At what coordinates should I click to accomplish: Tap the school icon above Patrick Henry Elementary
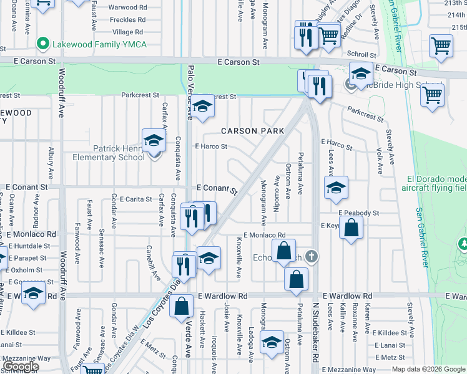pos(153,141)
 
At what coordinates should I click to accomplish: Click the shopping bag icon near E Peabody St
pos(351,228)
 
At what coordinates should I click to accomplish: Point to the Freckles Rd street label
pos(127,19)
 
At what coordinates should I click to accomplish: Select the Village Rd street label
pos(128,32)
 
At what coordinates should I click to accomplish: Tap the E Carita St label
pos(132,199)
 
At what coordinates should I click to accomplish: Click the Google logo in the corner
pos(20,366)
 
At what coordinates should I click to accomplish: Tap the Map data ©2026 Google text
pos(428,369)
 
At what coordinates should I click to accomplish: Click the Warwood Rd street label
pos(127,7)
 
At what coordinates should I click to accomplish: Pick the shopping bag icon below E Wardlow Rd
pos(182,308)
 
